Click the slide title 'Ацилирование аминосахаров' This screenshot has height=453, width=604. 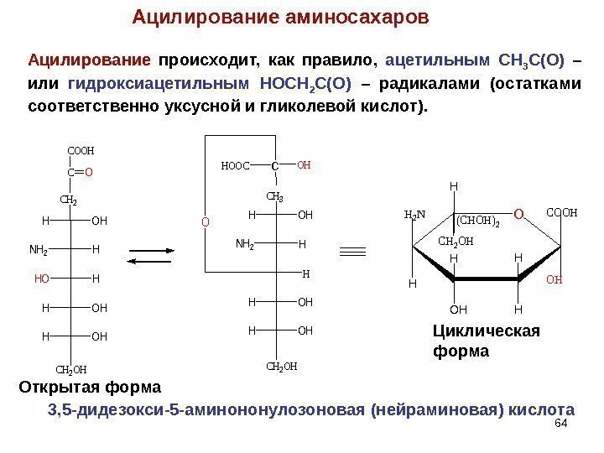point(280,17)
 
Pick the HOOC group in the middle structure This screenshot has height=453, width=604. point(236,166)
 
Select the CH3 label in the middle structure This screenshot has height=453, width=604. point(275,197)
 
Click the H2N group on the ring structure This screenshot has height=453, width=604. point(415,215)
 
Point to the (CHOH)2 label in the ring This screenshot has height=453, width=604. point(478,221)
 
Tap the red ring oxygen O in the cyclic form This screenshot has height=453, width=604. point(518,216)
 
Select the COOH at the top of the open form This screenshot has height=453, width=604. point(81,151)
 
